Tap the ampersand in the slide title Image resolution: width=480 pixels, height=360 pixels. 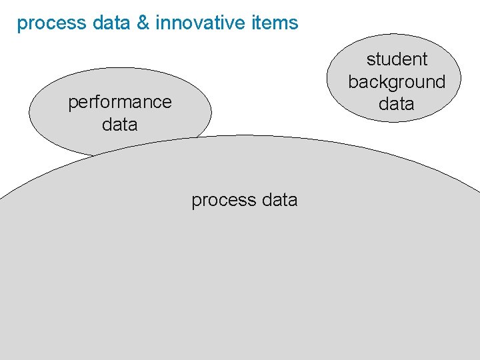[x=145, y=23]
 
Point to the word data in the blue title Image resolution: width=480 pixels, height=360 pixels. [x=111, y=23]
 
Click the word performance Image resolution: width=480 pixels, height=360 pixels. [x=120, y=103]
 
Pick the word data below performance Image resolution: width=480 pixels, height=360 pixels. [x=120, y=125]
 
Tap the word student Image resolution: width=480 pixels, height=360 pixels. [x=397, y=59]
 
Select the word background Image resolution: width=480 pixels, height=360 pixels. [x=397, y=82]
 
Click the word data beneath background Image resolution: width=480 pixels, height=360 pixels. [x=397, y=104]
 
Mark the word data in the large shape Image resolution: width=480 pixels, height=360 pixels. [x=280, y=200]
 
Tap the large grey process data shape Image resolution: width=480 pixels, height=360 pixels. [x=240, y=280]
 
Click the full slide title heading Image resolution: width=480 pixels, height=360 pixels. [x=157, y=23]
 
